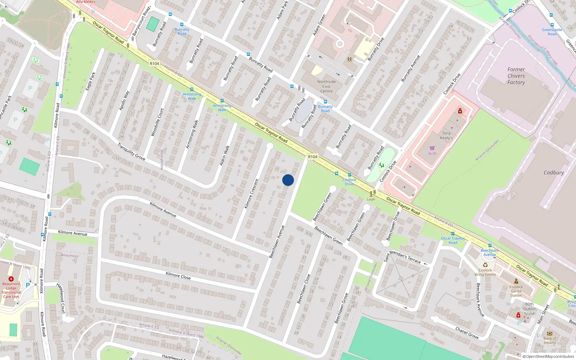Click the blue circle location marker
click(x=288, y=180)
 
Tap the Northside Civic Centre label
click(x=327, y=86)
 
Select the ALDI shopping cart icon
click(x=432, y=148)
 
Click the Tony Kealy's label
click(x=446, y=135)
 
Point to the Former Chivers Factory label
click(x=516, y=76)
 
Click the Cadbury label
click(x=554, y=173)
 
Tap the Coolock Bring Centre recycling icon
click(x=485, y=265)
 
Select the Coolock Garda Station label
click(x=516, y=291)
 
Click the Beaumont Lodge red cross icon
click(x=11, y=279)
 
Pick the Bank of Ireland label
click(x=550, y=341)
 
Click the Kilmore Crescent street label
click(x=252, y=194)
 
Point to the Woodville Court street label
click(x=157, y=122)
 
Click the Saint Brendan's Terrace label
click(x=402, y=256)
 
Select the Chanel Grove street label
click(x=467, y=333)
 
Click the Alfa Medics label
click(x=86, y=2)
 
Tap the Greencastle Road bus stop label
click(x=552, y=32)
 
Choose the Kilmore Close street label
click(x=178, y=275)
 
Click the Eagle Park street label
click(x=90, y=81)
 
